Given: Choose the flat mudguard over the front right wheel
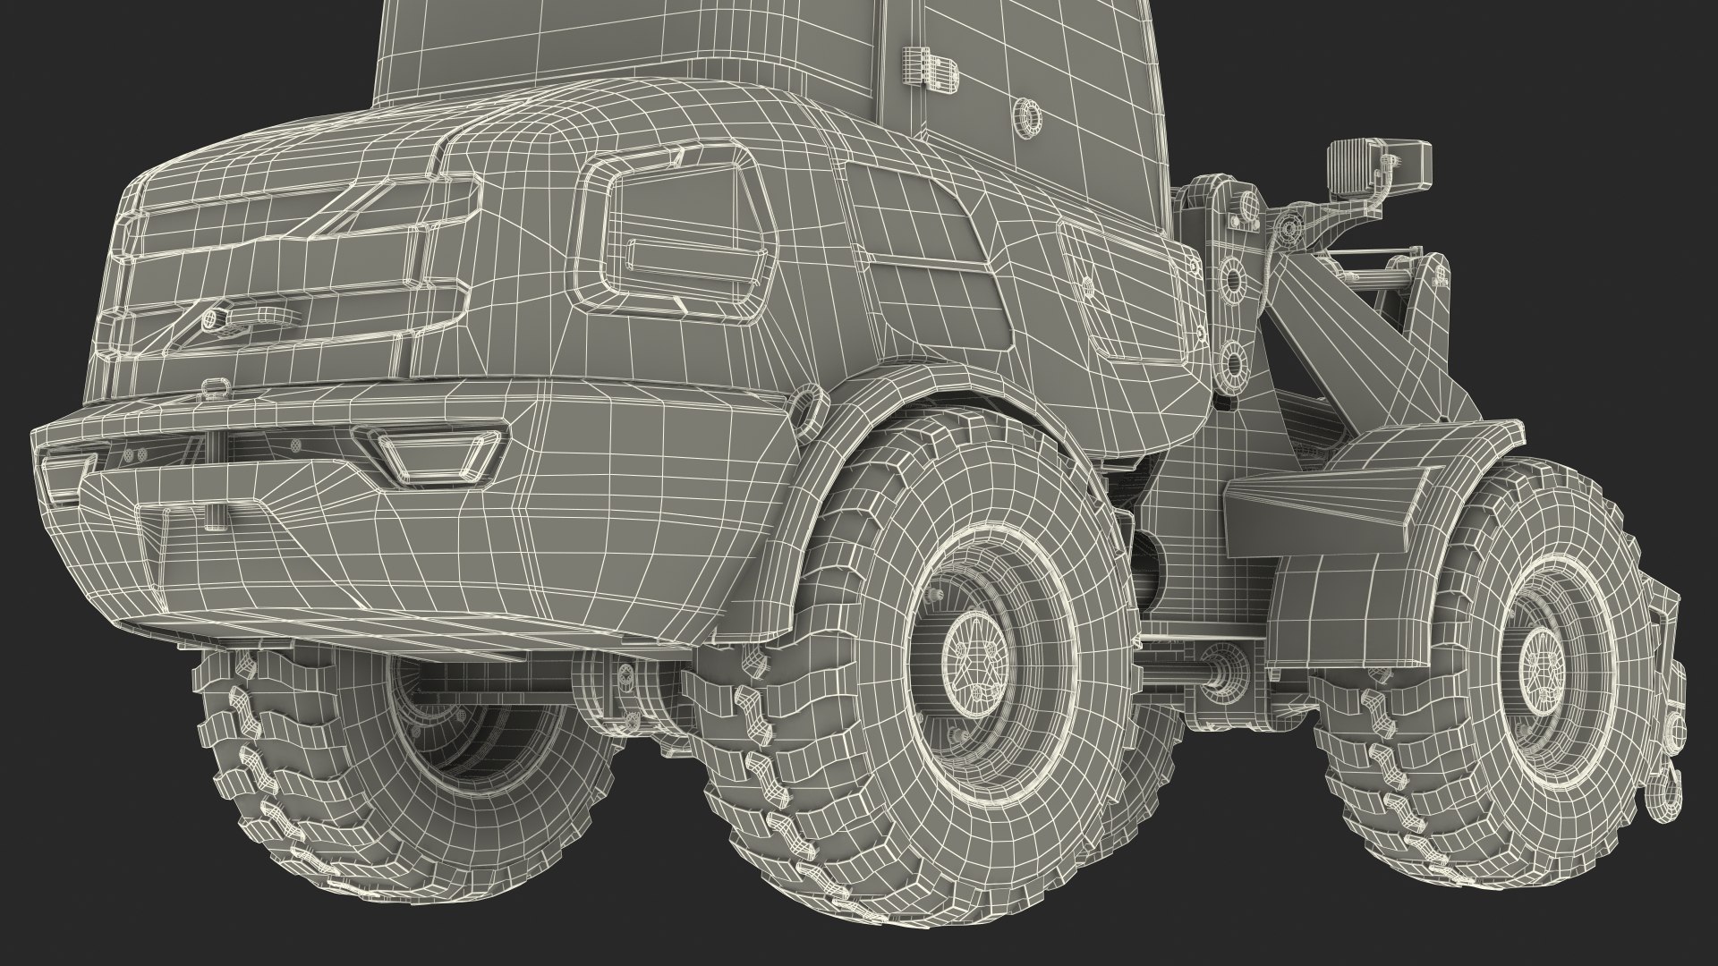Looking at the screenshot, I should pyautogui.click(x=1306, y=501).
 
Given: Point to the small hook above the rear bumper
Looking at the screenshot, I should pyautogui.click(x=214, y=387).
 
